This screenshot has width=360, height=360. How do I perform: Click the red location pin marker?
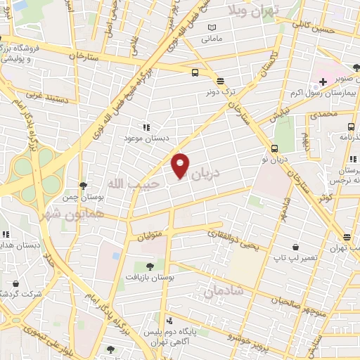[x=181, y=165]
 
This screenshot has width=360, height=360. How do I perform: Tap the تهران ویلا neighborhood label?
[x=253, y=10]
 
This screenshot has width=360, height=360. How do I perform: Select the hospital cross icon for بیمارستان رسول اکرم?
[x=323, y=82]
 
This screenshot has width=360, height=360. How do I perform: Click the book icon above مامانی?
[x=212, y=27]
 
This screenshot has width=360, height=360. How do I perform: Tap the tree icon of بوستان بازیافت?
[x=150, y=266]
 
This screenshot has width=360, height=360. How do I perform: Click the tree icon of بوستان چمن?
[x=84, y=186]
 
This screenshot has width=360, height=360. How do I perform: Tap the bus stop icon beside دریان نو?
[x=274, y=148]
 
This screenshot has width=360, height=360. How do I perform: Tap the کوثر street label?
[x=326, y=198]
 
